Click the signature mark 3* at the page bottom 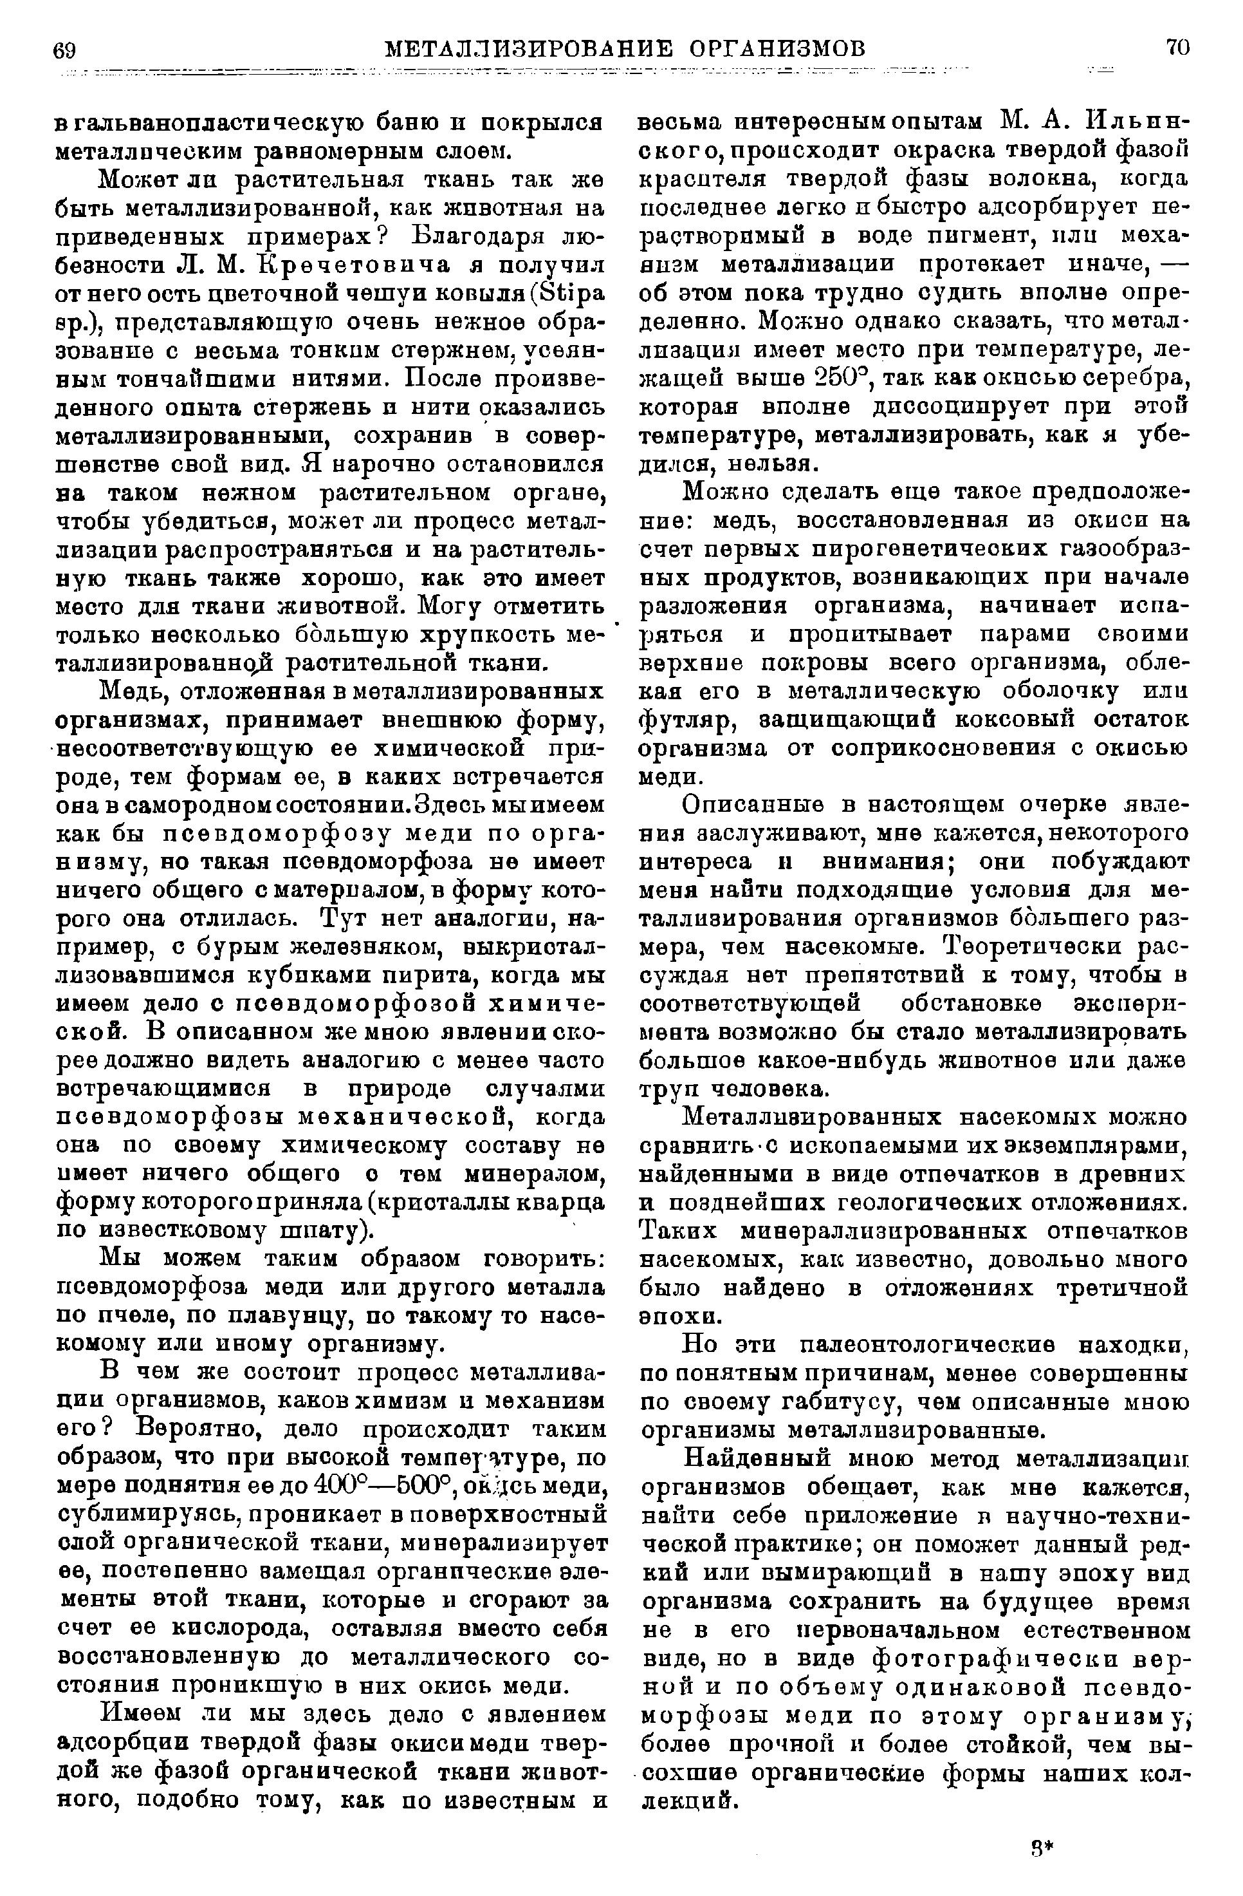coord(1040,1844)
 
